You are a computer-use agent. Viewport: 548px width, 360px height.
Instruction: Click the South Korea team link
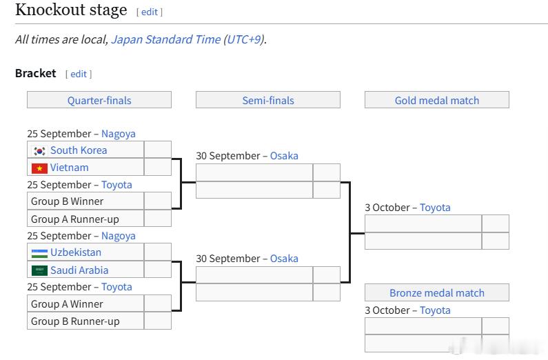coord(79,150)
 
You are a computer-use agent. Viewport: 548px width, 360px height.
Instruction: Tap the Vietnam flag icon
coord(39,168)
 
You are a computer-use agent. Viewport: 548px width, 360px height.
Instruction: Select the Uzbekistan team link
coord(76,252)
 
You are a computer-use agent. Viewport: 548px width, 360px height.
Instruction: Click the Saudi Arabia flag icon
coord(39,270)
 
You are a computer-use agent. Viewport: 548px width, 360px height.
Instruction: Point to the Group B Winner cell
coord(85,201)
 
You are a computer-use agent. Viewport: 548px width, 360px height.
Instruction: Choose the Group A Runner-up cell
coord(85,219)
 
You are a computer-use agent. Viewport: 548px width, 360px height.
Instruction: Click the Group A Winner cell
coord(85,303)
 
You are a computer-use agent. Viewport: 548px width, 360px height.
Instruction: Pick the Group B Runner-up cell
coord(85,321)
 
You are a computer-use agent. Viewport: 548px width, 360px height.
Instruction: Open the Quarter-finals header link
coord(99,100)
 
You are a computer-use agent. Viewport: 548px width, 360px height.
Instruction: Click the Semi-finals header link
coord(268,100)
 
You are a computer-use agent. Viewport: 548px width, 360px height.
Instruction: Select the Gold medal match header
coord(437,100)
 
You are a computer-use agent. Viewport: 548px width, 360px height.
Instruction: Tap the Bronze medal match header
coord(437,292)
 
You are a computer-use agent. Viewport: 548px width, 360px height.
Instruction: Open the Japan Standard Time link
coord(165,39)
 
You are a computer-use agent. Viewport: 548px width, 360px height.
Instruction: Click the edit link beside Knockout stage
coord(150,12)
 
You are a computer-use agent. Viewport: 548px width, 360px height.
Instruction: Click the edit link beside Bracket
coord(79,74)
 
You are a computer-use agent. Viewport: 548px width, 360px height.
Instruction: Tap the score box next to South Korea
coord(158,150)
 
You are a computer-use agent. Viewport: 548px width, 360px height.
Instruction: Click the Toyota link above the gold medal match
coord(435,208)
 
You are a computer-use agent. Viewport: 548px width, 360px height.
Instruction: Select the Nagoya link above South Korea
coord(119,134)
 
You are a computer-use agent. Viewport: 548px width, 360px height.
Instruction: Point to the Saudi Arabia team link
coord(79,270)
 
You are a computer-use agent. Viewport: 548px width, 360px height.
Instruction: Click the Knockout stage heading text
coord(71,10)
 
